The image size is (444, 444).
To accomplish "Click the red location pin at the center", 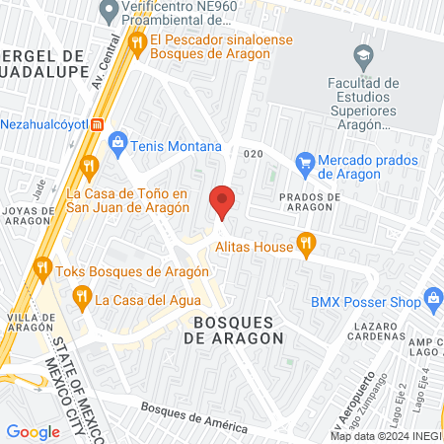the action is tap(222, 201).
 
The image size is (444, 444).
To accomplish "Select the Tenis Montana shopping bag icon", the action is tap(118, 144).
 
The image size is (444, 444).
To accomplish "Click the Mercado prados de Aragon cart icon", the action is tap(305, 161).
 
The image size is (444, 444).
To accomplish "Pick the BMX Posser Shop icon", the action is tap(432, 296).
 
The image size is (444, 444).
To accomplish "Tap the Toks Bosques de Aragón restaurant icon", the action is tap(41, 265).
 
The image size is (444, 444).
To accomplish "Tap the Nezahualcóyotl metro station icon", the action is tap(97, 124).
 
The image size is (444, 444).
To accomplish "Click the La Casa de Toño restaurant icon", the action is tap(89, 165).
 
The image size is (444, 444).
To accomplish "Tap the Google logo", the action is tap(33, 431).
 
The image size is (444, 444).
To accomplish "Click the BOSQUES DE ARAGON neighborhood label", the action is tap(233, 330).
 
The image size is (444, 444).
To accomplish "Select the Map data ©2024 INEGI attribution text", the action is tap(385, 436).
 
